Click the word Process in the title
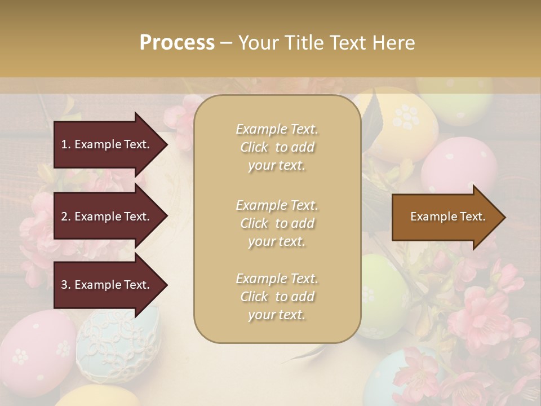[x=177, y=43]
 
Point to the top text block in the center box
[x=277, y=147]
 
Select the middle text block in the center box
[x=277, y=223]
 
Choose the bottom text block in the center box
[x=277, y=297]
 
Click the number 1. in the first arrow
[x=66, y=144]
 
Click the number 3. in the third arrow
[x=66, y=285]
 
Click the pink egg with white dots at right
[x=459, y=164]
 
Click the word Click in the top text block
[x=254, y=147]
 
